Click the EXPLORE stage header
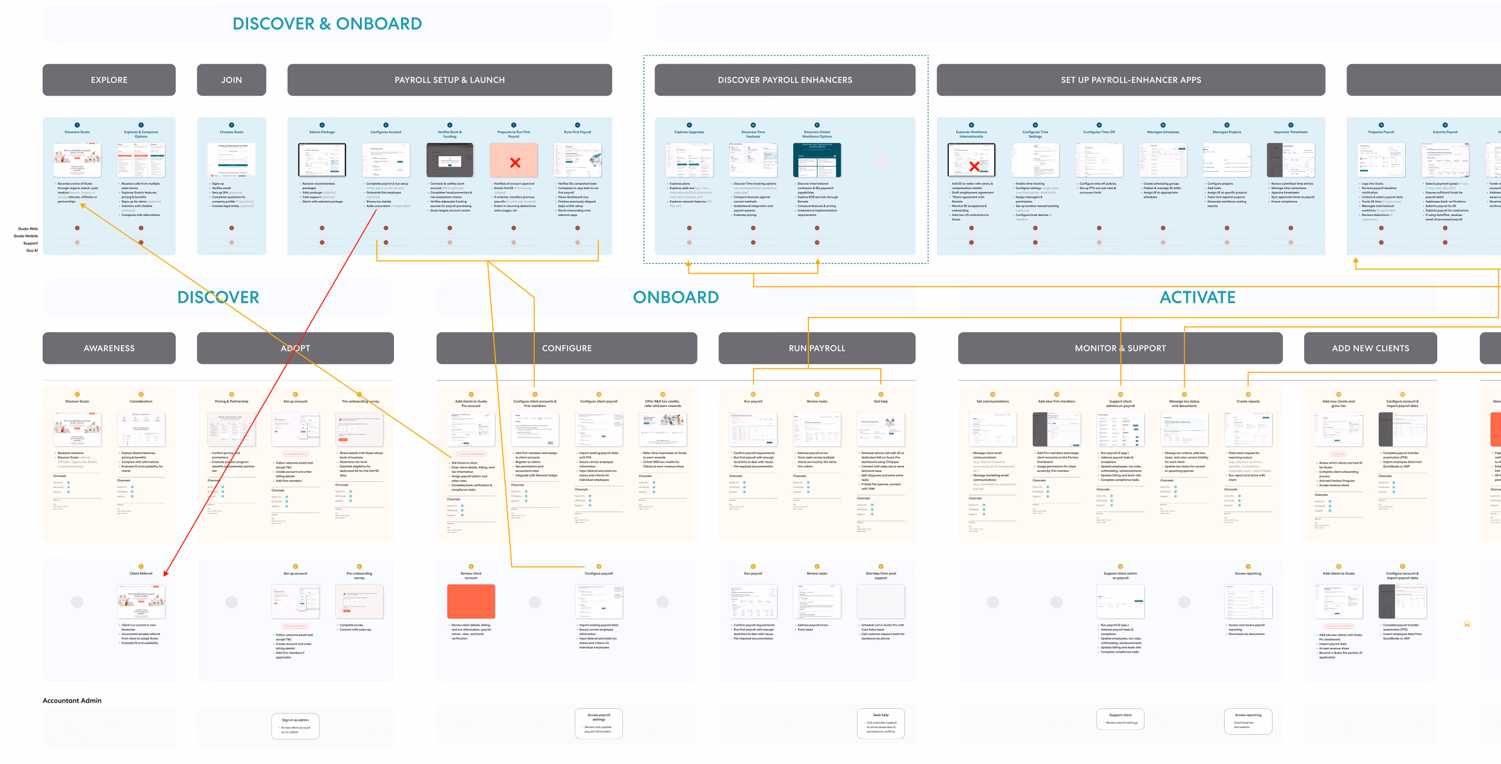(x=109, y=80)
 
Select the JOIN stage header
(x=231, y=80)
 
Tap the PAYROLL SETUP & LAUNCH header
(x=449, y=80)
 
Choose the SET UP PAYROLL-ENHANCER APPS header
(x=1130, y=80)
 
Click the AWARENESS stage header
(x=109, y=348)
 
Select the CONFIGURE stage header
(x=566, y=348)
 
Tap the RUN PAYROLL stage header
(x=816, y=348)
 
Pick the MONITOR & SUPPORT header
(x=1120, y=348)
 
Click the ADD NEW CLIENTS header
(x=1370, y=348)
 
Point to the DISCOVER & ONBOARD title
(x=327, y=24)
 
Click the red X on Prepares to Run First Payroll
(x=515, y=163)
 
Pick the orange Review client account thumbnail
(x=471, y=601)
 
